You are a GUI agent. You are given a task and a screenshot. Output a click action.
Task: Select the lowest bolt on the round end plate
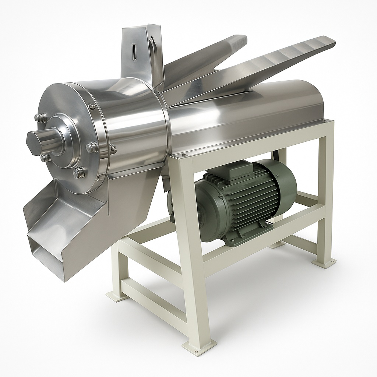[x=79, y=172]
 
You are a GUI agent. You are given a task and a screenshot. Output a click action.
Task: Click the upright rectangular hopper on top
[x=142, y=52]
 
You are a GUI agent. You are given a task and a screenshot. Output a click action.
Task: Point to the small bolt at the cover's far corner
[x=324, y=120]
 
